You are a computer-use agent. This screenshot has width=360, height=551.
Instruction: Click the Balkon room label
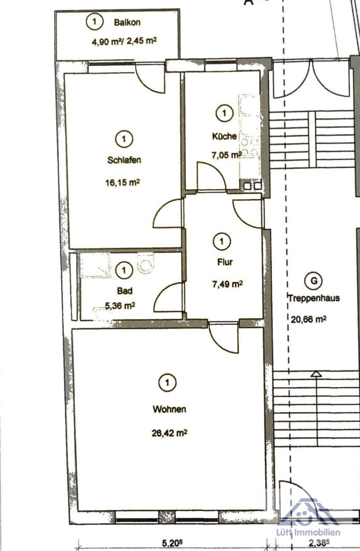click(127, 22)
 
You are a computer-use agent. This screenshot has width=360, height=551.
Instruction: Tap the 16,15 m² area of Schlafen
click(123, 183)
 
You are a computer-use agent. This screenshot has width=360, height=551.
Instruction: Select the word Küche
click(224, 136)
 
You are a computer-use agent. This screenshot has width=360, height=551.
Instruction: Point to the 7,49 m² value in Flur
click(227, 284)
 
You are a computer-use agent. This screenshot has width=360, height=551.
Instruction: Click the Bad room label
click(125, 291)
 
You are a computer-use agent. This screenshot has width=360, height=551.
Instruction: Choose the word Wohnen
click(170, 409)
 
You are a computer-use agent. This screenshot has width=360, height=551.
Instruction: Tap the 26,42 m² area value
click(170, 433)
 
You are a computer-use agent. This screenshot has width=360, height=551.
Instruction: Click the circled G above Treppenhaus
click(314, 281)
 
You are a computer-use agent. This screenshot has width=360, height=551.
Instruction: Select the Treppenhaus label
click(314, 298)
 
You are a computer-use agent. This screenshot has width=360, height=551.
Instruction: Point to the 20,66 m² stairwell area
click(308, 319)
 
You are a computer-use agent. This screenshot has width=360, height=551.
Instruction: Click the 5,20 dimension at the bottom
click(173, 543)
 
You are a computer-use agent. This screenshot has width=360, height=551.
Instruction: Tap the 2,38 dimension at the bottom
click(319, 543)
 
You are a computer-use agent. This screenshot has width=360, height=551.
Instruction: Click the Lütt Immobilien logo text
click(308, 532)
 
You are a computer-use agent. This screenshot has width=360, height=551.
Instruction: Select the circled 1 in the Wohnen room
click(167, 382)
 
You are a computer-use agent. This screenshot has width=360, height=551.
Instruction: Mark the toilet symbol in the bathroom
click(146, 264)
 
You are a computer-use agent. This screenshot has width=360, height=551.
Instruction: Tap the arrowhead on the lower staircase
click(317, 374)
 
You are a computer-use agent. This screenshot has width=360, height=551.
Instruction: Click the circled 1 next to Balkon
click(94, 22)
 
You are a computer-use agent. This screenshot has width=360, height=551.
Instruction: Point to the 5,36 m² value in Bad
click(120, 306)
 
